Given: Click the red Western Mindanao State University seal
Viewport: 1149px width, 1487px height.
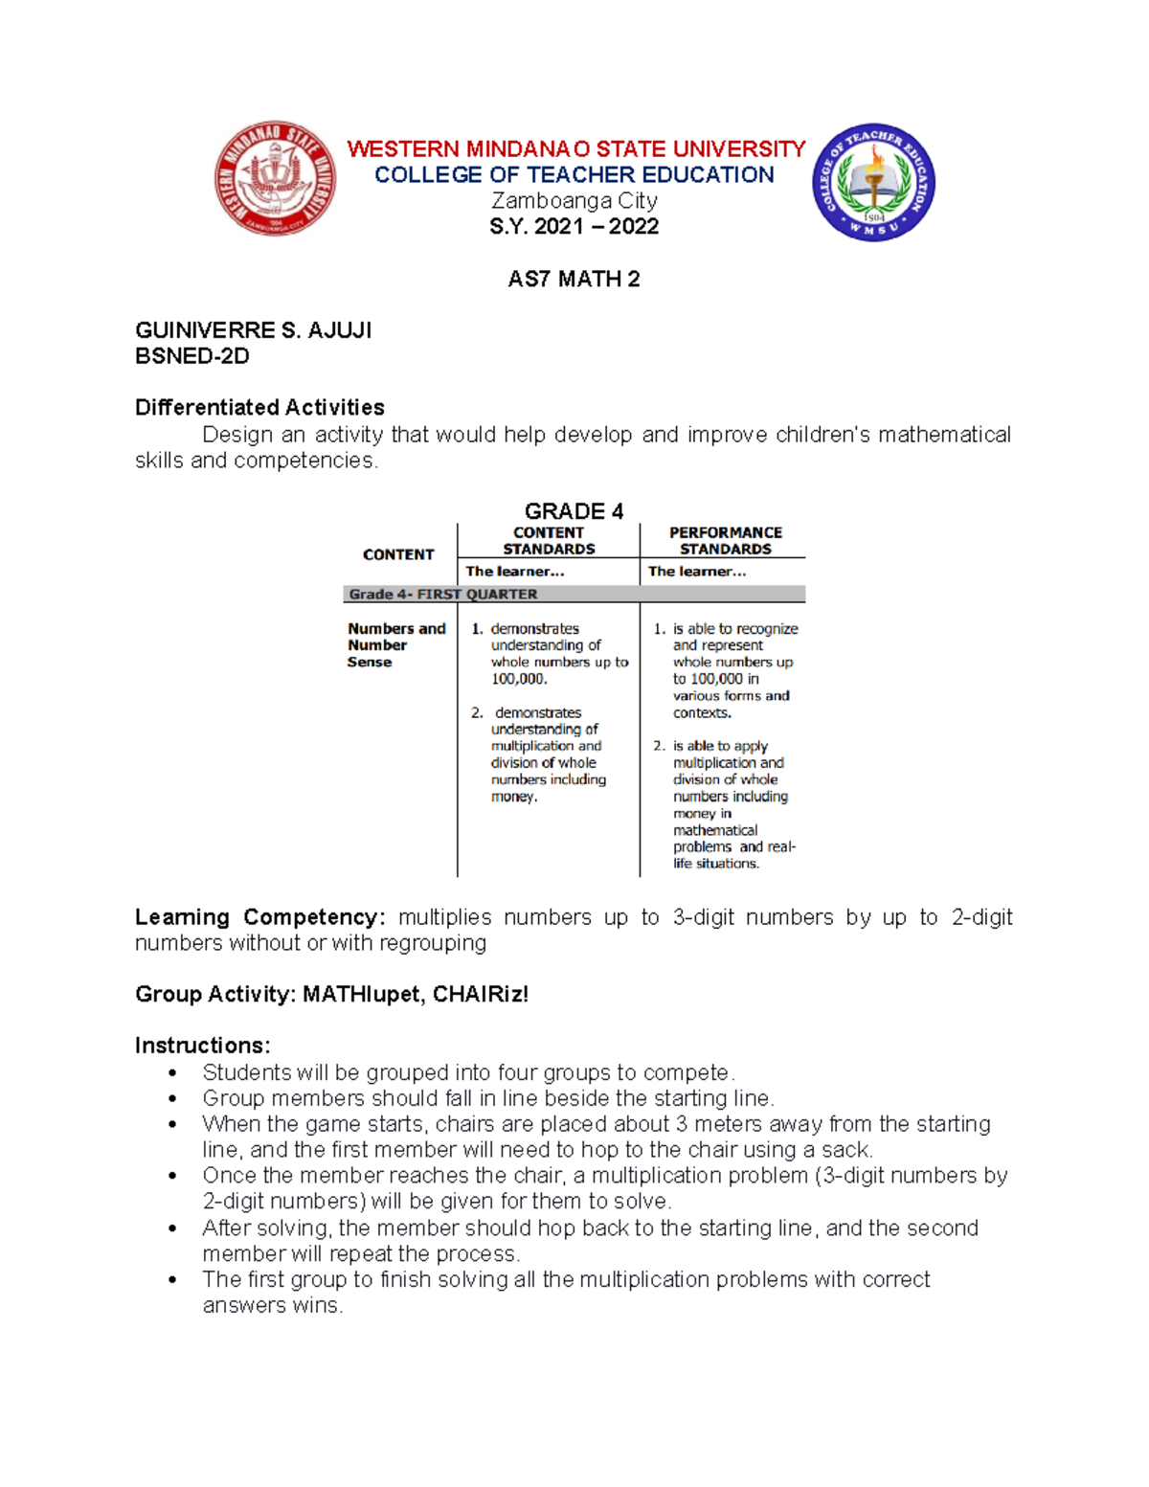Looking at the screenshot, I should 275,179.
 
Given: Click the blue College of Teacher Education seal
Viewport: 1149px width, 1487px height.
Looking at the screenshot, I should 873,182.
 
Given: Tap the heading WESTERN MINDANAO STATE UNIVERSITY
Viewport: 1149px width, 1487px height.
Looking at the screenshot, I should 575,149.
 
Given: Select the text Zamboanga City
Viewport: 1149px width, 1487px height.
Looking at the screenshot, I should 574,201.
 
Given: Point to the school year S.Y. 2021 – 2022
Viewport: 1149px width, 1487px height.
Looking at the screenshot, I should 574,227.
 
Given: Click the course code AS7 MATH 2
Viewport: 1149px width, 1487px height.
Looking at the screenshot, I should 574,280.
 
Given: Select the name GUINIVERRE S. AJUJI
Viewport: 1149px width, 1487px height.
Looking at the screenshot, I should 253,330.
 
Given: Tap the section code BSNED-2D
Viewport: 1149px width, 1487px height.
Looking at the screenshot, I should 191,356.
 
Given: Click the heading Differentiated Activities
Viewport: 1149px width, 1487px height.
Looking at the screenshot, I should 259,408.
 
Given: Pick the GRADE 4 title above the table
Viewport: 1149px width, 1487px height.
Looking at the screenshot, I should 574,511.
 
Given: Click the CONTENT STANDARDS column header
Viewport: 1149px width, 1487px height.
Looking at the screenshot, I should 549,541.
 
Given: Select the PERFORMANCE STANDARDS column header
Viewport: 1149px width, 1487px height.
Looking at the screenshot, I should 725,541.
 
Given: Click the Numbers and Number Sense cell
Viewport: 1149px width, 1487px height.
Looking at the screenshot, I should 395,645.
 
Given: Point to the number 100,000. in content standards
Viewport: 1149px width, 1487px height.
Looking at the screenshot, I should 519,679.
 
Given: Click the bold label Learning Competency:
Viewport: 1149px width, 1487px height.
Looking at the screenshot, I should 259,917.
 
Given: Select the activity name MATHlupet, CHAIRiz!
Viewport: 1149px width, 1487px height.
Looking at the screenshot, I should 415,995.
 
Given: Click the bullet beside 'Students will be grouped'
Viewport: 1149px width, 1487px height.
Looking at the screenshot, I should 172,1073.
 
